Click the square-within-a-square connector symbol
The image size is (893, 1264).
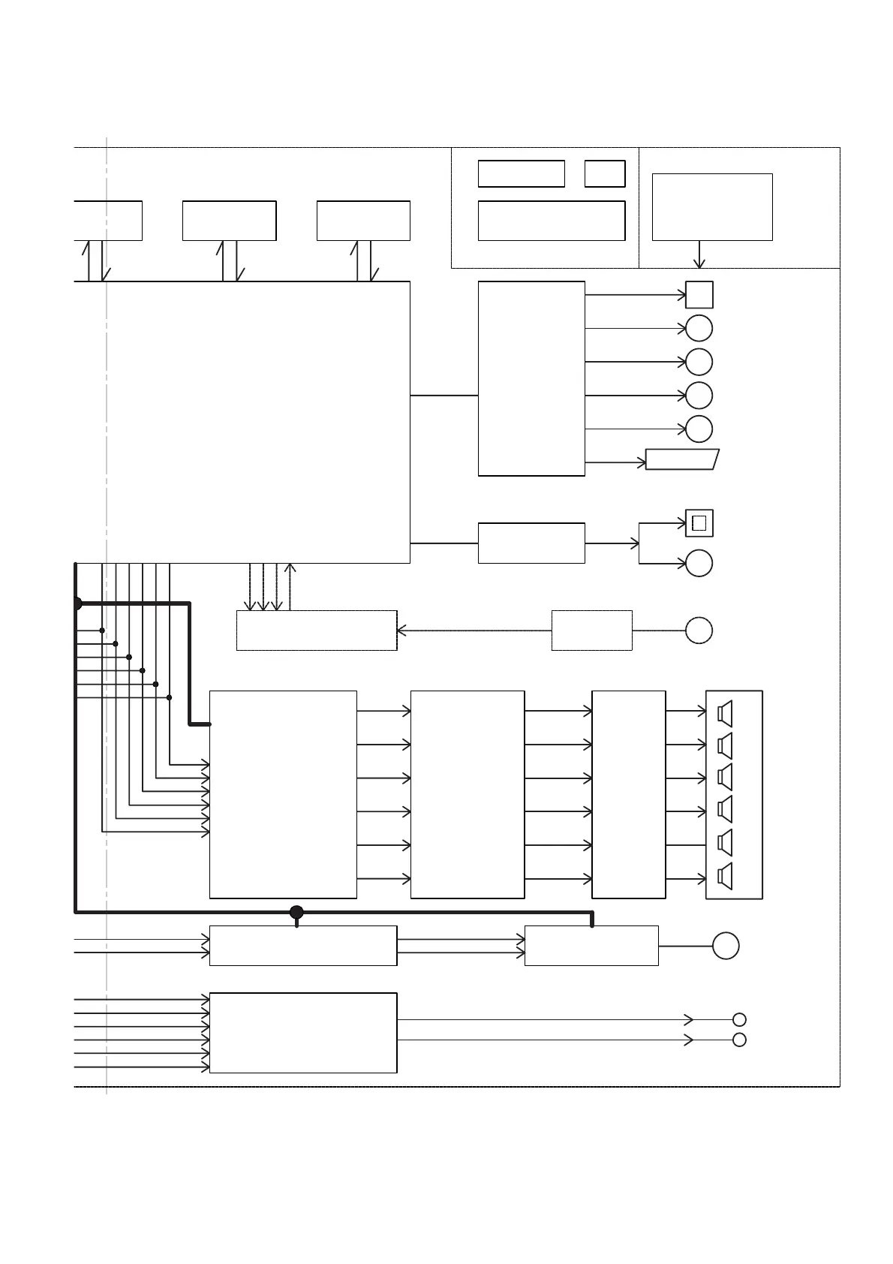point(699,523)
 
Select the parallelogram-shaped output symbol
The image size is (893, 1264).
point(682,459)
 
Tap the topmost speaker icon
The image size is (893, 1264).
point(725,712)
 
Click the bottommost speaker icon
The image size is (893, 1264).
point(725,876)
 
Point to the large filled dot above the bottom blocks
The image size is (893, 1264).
point(296,912)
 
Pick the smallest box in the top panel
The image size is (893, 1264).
point(604,173)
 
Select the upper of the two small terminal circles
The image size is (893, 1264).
point(739,1019)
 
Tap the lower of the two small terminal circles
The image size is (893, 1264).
point(739,1040)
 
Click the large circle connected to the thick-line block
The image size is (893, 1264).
point(726,945)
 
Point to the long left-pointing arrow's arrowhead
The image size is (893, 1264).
point(401,630)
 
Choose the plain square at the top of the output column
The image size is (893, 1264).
point(699,295)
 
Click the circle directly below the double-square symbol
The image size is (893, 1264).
point(699,563)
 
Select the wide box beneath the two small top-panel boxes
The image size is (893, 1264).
point(551,221)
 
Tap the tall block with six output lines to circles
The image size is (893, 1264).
point(531,378)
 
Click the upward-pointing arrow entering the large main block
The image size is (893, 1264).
point(290,568)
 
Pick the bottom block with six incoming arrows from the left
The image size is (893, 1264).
point(302,1033)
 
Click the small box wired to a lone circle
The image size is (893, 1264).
point(591,630)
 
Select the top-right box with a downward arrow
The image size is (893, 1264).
point(711,207)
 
